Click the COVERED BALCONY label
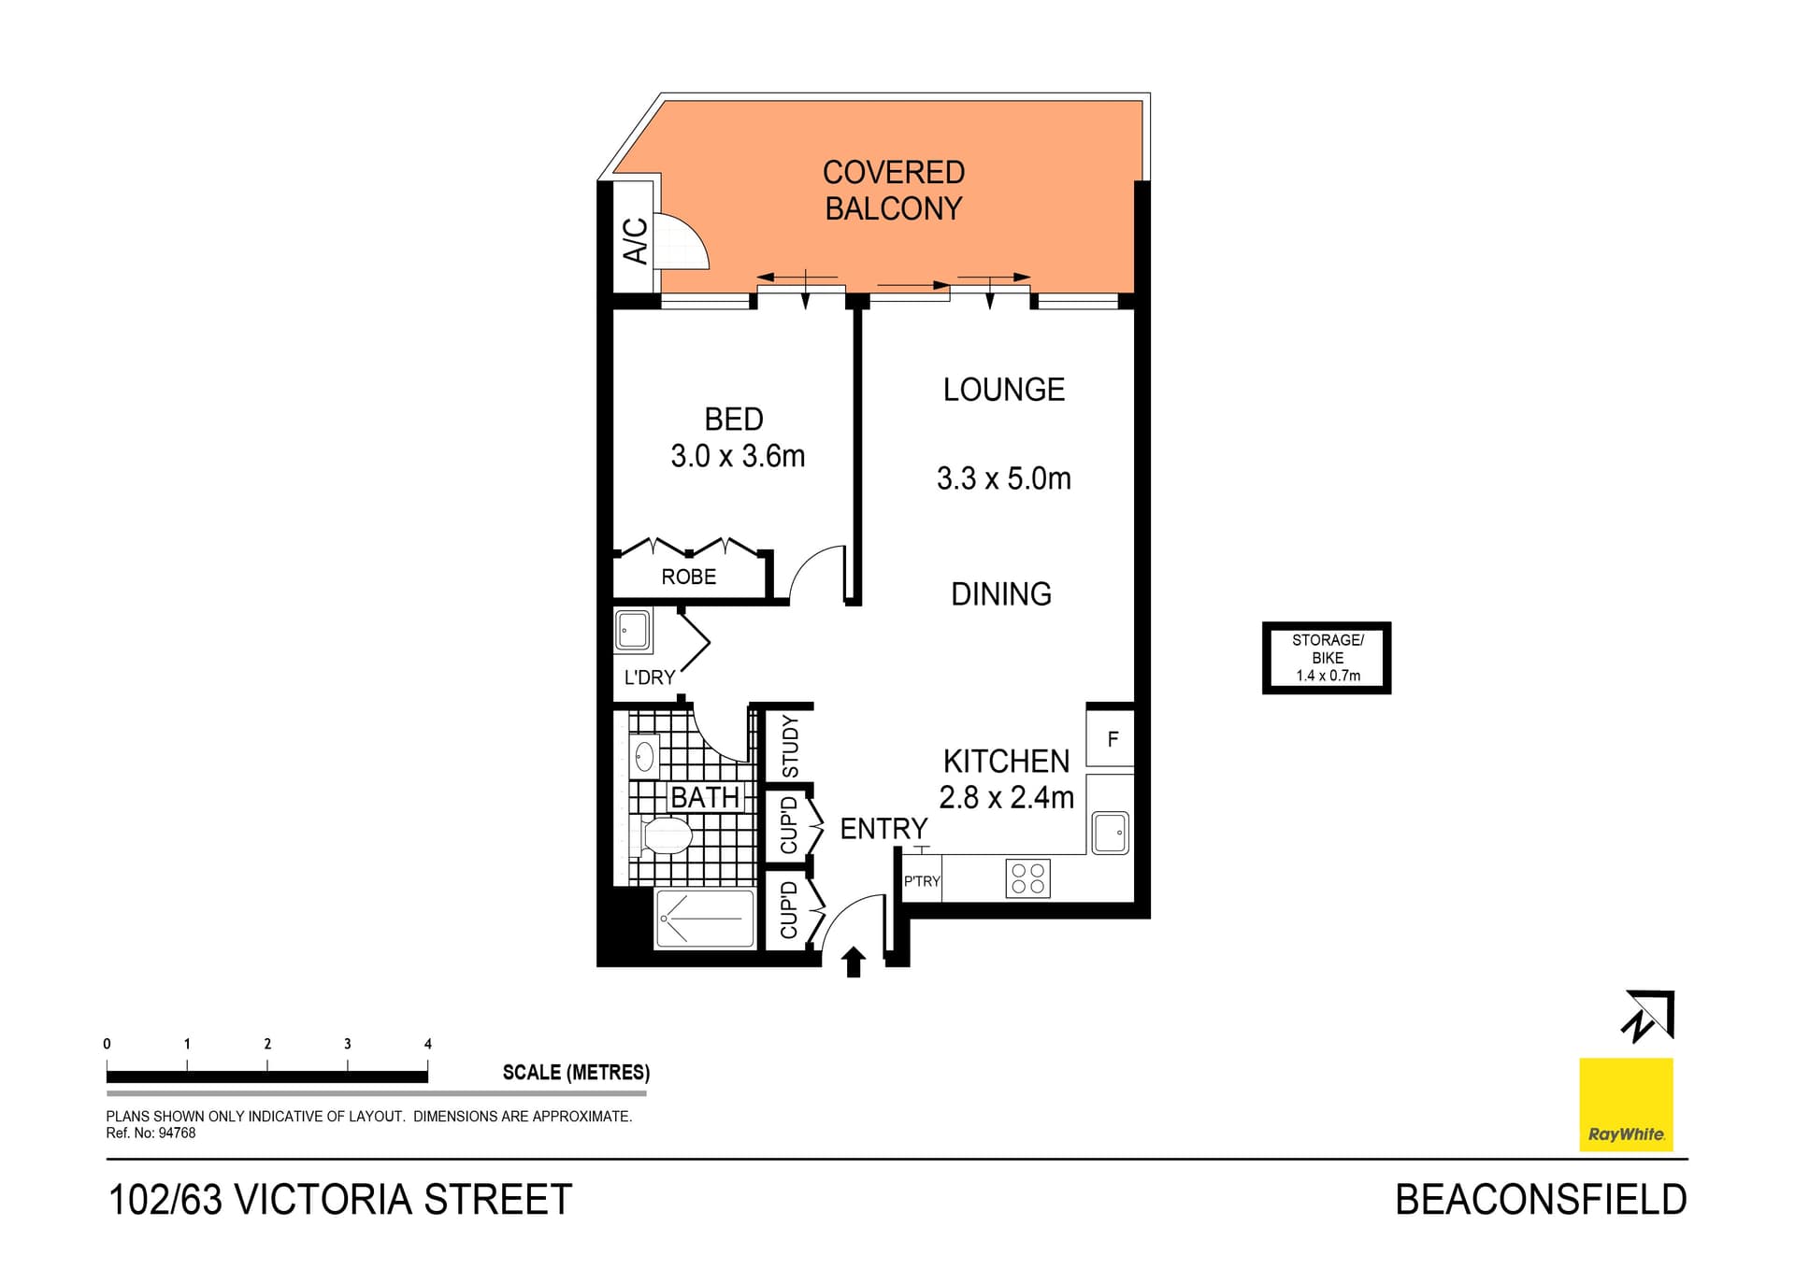point(893,190)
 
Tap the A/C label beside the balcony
point(635,240)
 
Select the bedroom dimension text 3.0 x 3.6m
point(738,456)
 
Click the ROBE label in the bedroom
point(689,577)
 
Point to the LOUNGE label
point(1004,390)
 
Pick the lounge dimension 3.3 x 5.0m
point(1004,478)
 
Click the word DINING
point(1001,594)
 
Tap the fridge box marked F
point(1111,738)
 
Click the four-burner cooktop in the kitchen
point(1028,878)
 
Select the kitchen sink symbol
point(1111,832)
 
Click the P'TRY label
point(922,881)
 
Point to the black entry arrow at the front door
point(854,962)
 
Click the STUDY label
point(791,746)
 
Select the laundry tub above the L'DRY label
point(633,631)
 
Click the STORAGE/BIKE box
point(1327,658)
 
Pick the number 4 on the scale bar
point(428,1044)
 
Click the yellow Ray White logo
point(1626,1104)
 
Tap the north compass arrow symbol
point(1648,1016)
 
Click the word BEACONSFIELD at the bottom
point(1541,1200)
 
